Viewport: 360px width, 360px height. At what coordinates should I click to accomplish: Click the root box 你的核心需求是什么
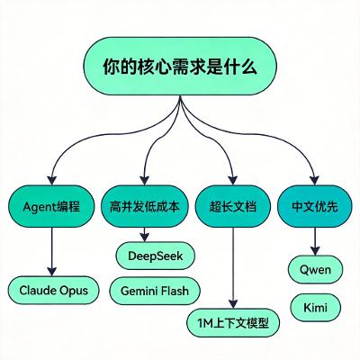point(180,67)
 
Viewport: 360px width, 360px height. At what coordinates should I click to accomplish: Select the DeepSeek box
point(155,256)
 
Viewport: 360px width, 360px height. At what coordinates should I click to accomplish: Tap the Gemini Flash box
point(155,290)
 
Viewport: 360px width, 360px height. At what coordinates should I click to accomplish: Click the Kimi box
point(315,307)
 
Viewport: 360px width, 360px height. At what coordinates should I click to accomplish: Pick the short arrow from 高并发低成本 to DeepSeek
point(144,233)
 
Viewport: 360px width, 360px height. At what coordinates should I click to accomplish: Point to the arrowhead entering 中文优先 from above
point(314,179)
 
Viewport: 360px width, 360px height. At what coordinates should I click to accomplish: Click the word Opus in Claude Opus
point(72,290)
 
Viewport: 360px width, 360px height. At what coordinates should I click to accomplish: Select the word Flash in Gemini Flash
point(176,290)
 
